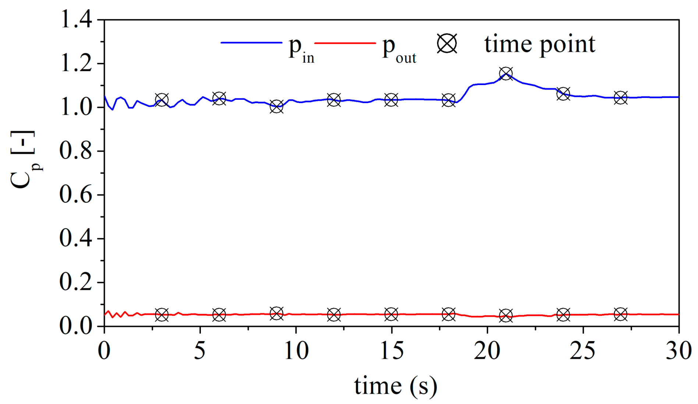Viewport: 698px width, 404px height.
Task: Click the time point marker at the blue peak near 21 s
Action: pos(506,73)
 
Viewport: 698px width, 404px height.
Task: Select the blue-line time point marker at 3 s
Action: pos(162,99)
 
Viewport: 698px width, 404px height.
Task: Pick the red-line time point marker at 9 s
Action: pos(276,313)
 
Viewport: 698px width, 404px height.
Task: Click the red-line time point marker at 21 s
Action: pos(506,316)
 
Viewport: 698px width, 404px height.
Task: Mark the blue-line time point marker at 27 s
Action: pos(620,98)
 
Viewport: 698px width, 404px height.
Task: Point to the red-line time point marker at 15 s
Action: pos(391,314)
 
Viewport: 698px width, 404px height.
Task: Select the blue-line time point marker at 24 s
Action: pos(563,94)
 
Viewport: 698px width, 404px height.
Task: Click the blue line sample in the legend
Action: pos(251,43)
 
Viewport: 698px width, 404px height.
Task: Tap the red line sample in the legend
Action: pos(346,43)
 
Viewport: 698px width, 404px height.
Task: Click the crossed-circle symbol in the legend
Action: pos(447,44)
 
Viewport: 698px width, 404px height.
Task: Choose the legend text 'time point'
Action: pos(539,45)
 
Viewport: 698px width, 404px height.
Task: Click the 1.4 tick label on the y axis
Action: pos(76,20)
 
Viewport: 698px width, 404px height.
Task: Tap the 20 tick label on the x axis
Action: pos(487,351)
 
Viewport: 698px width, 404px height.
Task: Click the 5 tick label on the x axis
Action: pos(200,351)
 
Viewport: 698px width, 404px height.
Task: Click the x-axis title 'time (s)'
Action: pos(396,386)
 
